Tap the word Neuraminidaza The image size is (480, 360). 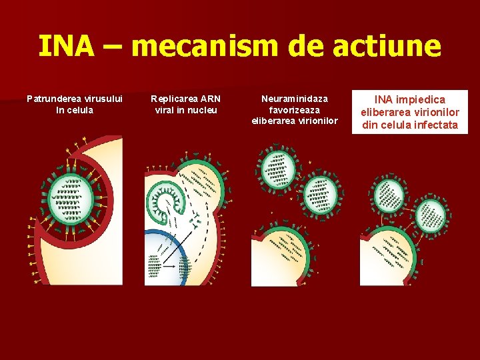tap(295, 99)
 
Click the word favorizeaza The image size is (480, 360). tap(295, 110)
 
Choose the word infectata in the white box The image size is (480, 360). tap(433, 125)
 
